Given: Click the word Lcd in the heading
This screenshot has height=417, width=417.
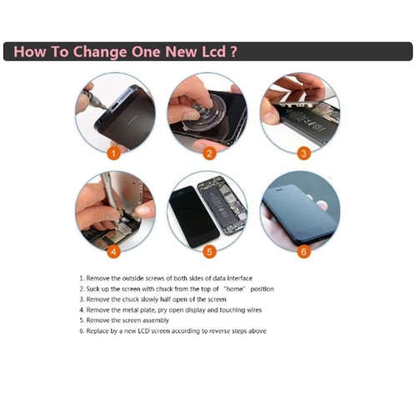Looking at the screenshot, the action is coord(214,52).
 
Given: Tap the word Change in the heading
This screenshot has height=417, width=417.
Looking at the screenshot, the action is coord(99,53).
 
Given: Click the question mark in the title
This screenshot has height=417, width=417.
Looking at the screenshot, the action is coord(234,52).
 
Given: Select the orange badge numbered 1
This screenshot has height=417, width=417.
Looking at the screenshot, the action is coord(113,153).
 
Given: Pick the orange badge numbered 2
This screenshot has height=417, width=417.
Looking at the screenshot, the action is coord(209,153).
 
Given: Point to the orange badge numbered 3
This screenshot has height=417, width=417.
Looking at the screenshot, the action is coord(304,153).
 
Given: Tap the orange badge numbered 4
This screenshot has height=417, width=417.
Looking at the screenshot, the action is coord(113,252).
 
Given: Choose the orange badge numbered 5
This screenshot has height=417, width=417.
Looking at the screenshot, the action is coord(209,252).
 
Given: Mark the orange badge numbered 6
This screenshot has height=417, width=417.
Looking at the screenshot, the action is coord(304,252).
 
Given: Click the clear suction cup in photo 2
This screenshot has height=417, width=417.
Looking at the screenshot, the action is coord(202,111).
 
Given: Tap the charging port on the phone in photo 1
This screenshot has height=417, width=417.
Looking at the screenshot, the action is coord(116,107).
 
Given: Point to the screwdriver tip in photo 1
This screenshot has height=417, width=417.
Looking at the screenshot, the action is coord(106,108).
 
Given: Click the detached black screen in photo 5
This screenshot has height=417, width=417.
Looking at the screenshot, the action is coord(193,216).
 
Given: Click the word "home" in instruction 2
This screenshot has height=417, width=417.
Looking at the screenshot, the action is coord(234,289).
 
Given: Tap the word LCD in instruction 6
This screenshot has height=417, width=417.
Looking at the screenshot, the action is coord(144,331).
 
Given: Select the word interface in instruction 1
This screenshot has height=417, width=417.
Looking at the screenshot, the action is coord(239,279).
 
